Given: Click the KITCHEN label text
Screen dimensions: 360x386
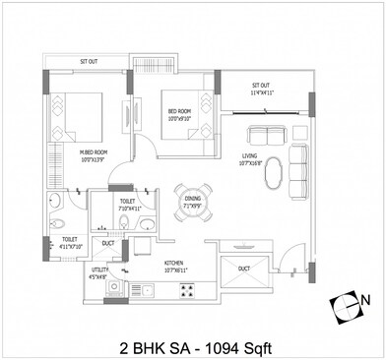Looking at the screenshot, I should [x=174, y=264].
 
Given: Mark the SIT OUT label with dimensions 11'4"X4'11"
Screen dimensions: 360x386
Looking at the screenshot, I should [x=261, y=89].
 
